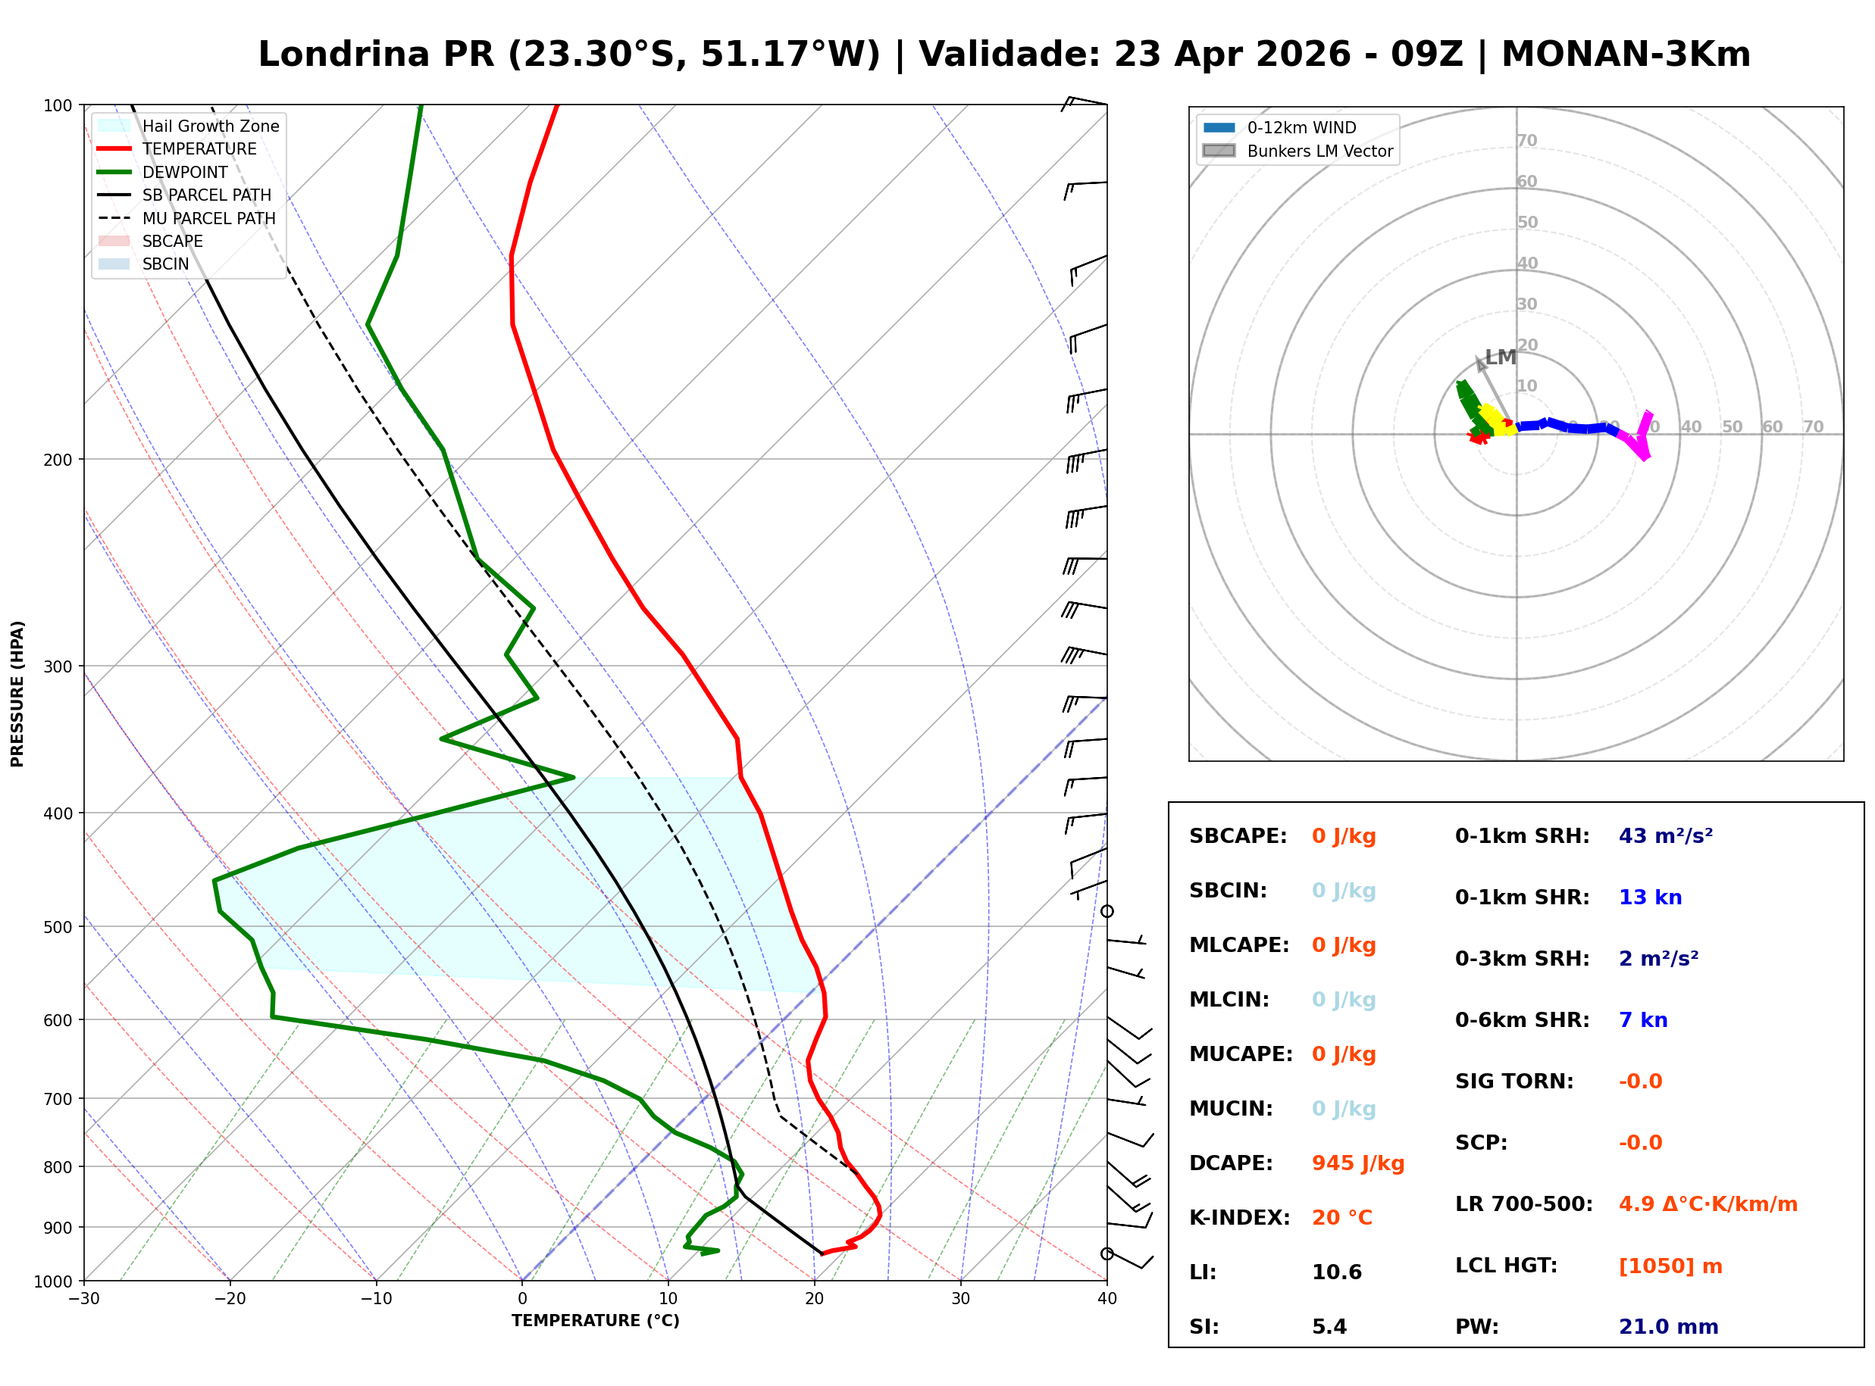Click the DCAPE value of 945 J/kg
point(1357,1163)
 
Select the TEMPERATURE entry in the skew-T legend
point(199,148)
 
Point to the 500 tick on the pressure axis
point(58,927)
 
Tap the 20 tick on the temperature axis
point(814,1299)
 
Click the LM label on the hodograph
point(1501,357)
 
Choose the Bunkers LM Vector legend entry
point(1319,151)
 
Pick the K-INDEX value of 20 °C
point(1341,1217)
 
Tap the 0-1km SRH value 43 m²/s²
point(1665,835)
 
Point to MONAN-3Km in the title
point(1625,55)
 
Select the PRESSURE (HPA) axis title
point(17,693)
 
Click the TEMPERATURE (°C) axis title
point(595,1321)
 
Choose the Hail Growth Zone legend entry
point(210,126)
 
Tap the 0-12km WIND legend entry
point(1301,127)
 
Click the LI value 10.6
point(1336,1272)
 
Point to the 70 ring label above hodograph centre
point(1526,140)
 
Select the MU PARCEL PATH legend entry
point(208,218)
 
